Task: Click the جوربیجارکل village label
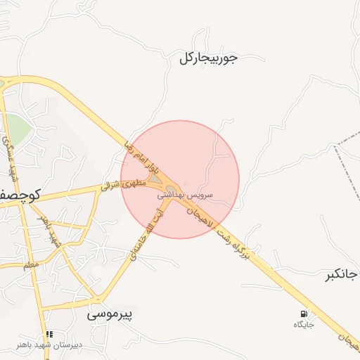coord(209,58)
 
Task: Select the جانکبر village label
coord(342,274)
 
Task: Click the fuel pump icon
coord(303,313)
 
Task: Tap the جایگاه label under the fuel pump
coord(303,325)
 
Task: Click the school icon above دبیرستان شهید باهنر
coord(49,334)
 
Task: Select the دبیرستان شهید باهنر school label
coord(49,345)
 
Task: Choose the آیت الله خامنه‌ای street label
coord(146,234)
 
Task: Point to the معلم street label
coord(30,266)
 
